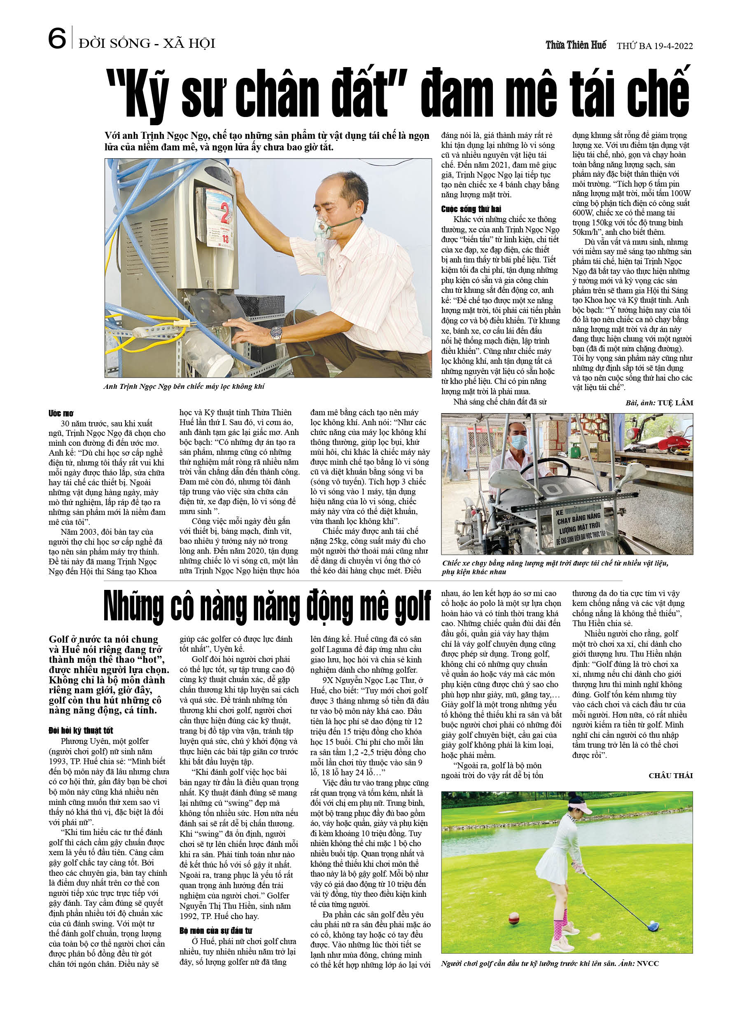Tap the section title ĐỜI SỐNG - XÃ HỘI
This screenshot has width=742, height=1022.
(x=147, y=43)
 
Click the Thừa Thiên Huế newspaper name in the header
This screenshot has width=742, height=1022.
(x=576, y=45)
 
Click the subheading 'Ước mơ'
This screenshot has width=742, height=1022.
(x=61, y=413)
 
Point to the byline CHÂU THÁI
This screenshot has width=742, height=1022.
(x=670, y=776)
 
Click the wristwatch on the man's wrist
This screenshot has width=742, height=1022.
(x=276, y=334)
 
